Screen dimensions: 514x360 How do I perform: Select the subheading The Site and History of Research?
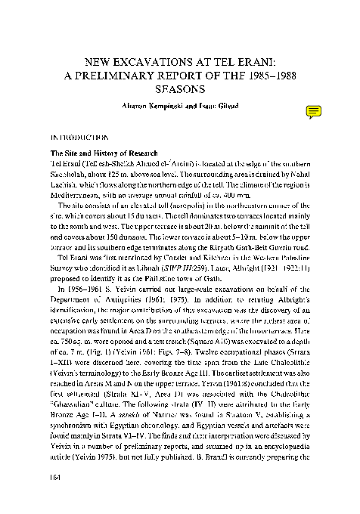pyautogui.click(x=95, y=153)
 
